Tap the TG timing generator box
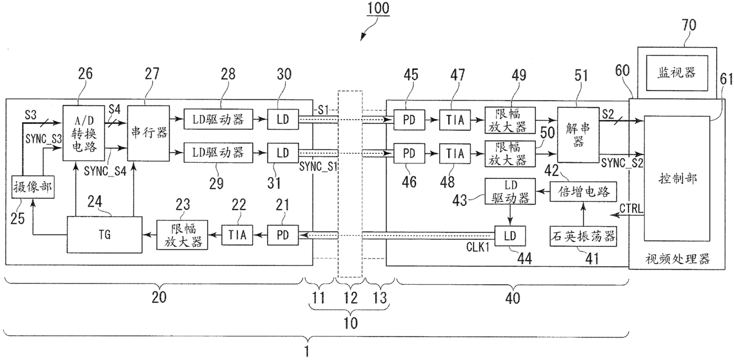click(x=105, y=233)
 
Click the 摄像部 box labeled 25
click(x=33, y=188)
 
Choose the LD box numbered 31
click(x=282, y=153)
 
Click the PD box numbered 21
click(x=282, y=234)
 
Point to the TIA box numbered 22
click(x=237, y=234)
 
